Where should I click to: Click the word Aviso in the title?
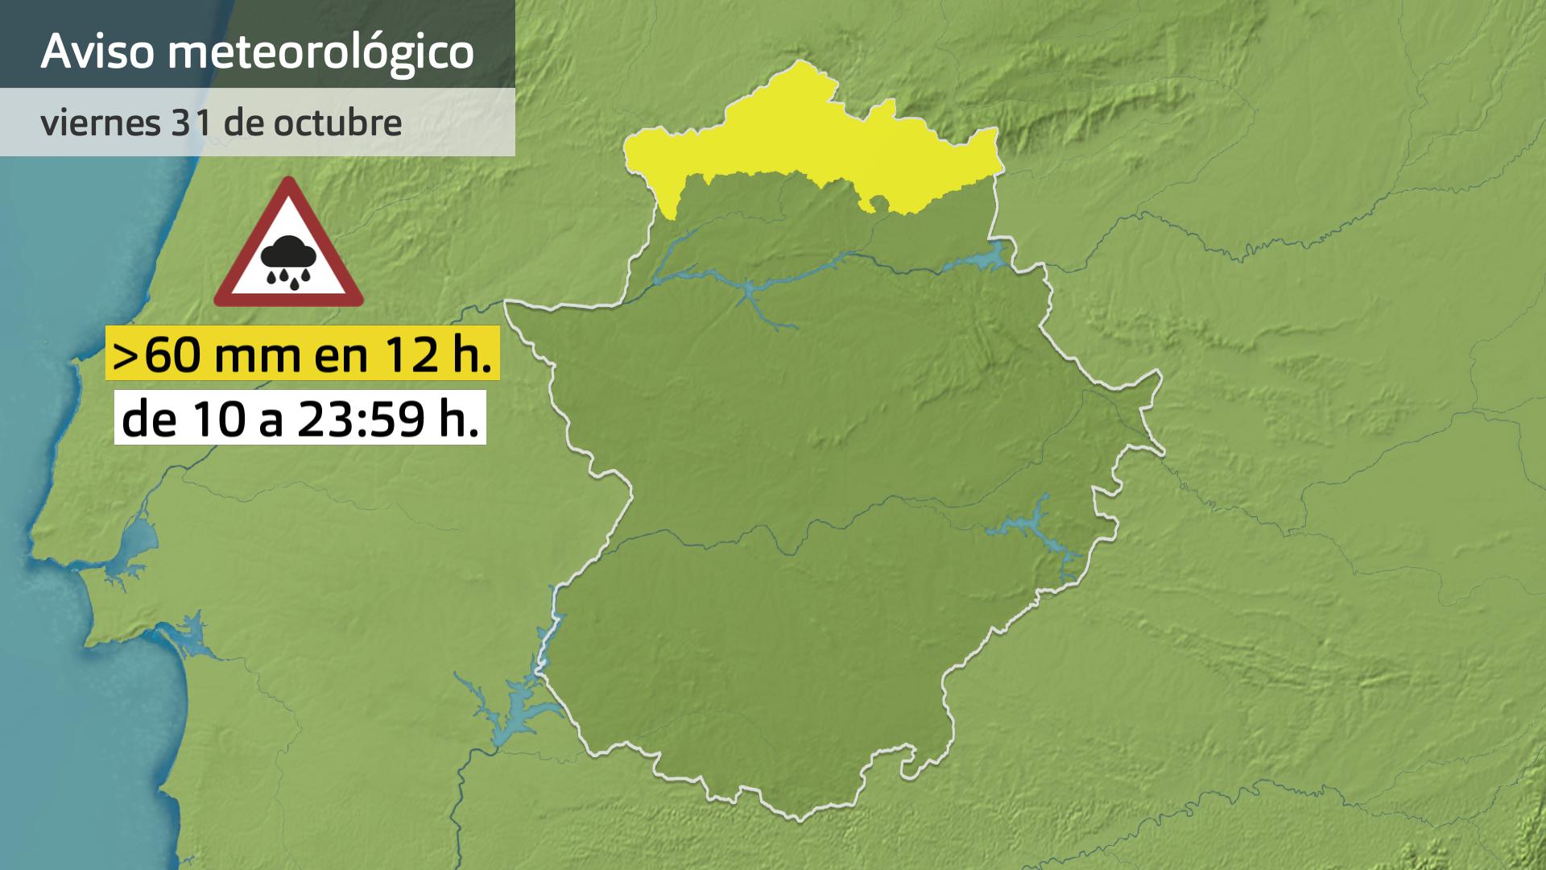tap(96, 52)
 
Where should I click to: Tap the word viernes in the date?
tap(99, 122)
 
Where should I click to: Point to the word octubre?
tap(337, 122)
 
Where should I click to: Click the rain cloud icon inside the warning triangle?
tap(287, 260)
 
